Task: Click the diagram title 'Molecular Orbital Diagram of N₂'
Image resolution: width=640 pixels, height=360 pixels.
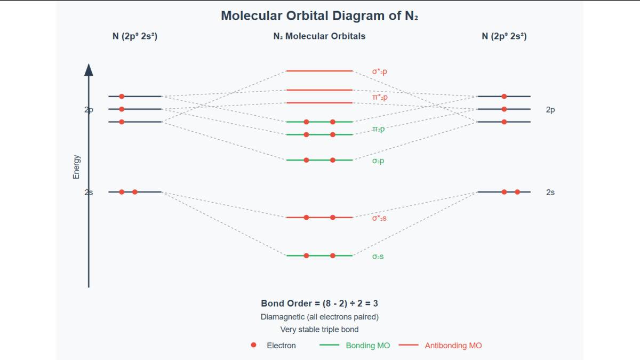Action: pos(319,16)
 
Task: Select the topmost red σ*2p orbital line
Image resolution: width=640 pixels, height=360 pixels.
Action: pos(319,70)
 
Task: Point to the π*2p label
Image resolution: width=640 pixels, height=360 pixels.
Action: pos(380,97)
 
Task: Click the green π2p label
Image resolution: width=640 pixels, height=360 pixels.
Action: pos(378,129)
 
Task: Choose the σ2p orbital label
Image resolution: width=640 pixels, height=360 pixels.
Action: pos(378,161)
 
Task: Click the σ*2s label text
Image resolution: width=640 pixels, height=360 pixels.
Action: pos(379,218)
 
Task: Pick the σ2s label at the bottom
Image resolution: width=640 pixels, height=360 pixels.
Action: pos(378,257)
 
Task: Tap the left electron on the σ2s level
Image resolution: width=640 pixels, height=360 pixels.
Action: pos(306,255)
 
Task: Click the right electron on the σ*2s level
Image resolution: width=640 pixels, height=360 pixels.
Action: pos(333,217)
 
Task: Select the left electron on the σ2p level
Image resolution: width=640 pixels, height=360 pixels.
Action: pos(306,160)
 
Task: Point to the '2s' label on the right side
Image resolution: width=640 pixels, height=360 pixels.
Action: pos(550,192)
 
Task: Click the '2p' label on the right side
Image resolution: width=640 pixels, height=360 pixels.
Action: pos(550,110)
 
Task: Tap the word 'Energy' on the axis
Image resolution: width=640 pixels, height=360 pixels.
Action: pos(76,167)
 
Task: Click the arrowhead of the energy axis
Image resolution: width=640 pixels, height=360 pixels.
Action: pos(89,69)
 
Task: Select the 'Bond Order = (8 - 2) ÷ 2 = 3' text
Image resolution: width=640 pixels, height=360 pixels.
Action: pos(319,303)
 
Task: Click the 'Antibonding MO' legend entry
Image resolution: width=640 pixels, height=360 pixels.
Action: pos(453,346)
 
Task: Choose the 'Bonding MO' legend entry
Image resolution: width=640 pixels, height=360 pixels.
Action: pos(367,346)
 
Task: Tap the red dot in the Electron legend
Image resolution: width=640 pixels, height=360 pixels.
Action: pos(253,346)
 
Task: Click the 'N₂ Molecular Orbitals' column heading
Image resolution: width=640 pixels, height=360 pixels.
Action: pos(319,36)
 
